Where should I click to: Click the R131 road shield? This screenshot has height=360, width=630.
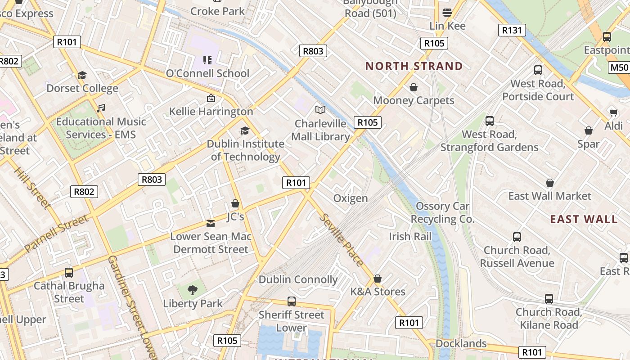coord(512,30)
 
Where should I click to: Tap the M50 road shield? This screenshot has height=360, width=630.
coord(619,68)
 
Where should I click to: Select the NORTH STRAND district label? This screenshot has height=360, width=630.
coord(414,66)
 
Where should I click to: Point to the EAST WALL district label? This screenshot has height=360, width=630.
coord(584,219)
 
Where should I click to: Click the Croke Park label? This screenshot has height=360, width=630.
coord(217,11)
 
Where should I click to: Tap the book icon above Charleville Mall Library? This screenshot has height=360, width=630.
coord(320,110)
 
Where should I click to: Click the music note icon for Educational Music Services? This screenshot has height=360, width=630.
coord(101,108)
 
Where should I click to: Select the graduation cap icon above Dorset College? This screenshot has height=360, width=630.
coord(82,75)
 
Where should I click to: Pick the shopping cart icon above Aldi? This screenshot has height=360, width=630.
coord(613,112)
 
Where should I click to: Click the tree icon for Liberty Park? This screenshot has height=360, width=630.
coord(193,289)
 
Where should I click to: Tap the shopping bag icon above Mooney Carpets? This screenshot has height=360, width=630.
coord(413,87)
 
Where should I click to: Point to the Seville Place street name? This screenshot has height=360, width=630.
coord(341,239)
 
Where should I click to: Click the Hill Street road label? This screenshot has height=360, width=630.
coord(31,188)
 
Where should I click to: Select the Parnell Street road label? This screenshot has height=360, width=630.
coord(56,234)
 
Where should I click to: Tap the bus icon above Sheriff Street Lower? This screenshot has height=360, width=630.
coord(292,301)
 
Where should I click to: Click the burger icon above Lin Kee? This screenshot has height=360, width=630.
coord(447,12)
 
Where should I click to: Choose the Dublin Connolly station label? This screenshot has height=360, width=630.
coord(298,279)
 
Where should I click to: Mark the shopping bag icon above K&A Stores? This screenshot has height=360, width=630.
coord(378,279)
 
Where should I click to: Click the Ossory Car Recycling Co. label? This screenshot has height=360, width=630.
coord(442,212)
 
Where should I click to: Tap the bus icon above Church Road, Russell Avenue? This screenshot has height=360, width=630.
coord(517,237)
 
